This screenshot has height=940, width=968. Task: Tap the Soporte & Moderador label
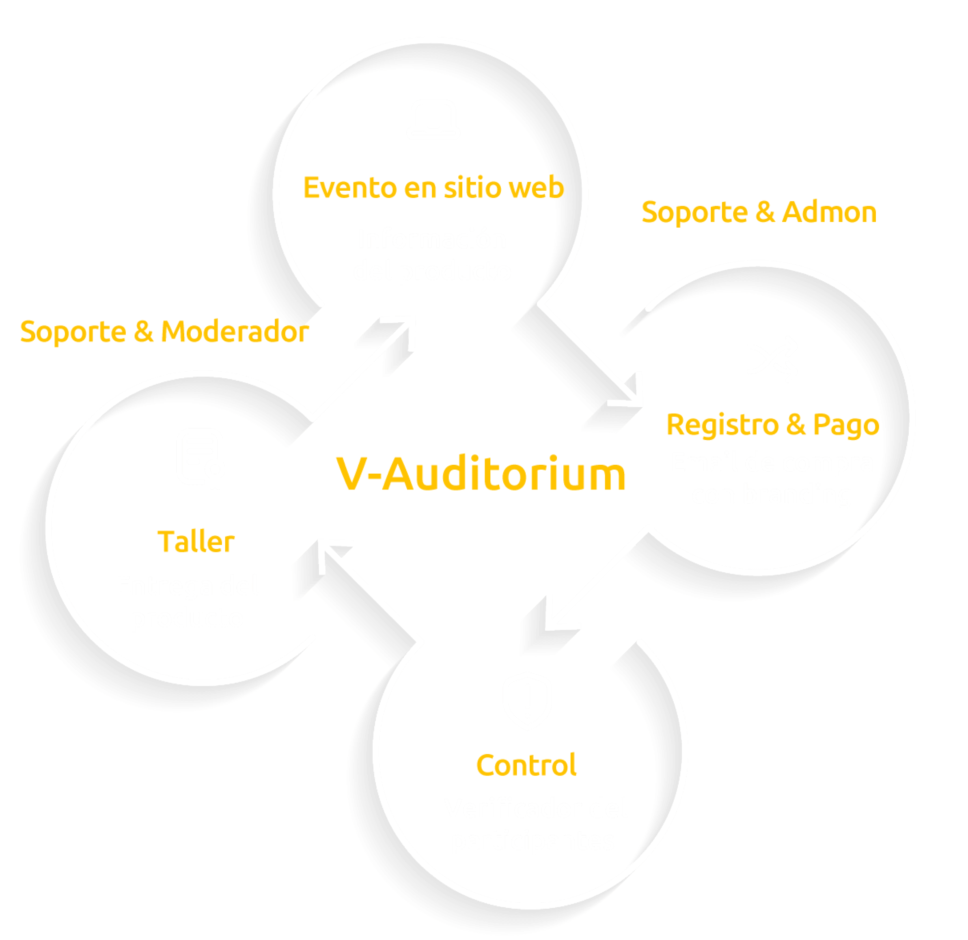click(164, 332)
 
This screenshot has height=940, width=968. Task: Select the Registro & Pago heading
click(772, 425)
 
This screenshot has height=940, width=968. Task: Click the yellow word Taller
click(196, 542)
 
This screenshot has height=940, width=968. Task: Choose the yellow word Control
click(526, 765)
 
